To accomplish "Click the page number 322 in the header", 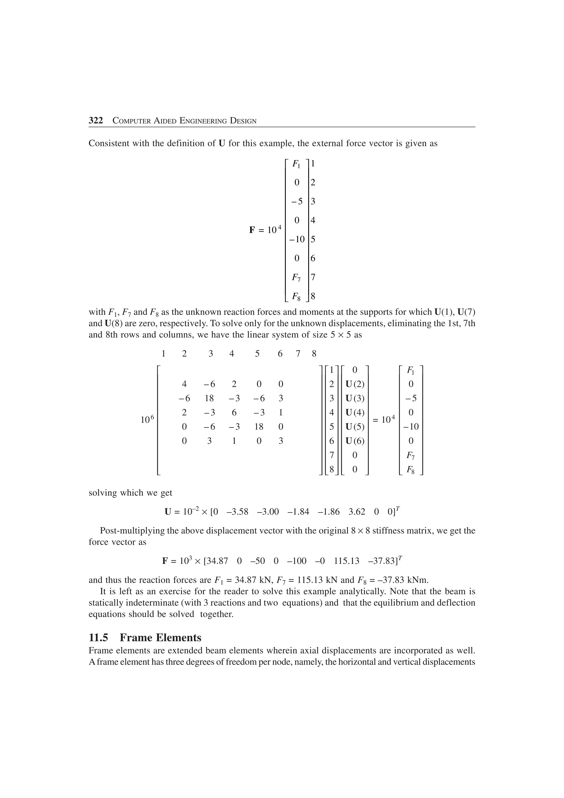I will coord(96,121).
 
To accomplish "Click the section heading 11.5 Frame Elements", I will coord(145,638).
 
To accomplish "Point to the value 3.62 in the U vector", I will coord(357,512).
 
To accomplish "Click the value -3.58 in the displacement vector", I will coord(237,512).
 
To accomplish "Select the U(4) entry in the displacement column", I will coord(354,412).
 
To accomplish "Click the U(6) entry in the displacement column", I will coord(354,441).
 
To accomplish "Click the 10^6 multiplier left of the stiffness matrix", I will coord(147,419).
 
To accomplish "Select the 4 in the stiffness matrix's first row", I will coord(184,384).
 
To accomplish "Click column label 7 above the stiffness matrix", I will coord(298,354).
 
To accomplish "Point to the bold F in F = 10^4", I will coord(252,230).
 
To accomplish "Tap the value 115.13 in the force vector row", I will coord(346,561).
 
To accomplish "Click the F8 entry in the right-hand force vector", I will coord(411,470).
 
